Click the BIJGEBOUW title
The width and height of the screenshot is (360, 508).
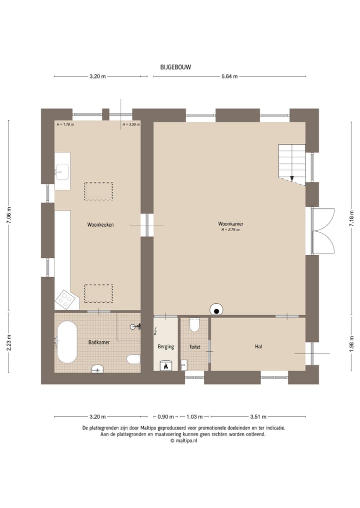coord(175,67)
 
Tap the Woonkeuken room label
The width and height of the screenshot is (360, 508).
coord(100,224)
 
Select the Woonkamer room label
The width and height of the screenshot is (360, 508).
coord(230,224)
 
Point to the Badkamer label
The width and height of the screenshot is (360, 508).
coord(99,342)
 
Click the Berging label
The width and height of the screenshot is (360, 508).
coord(165,347)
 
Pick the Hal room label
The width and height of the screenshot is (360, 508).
coord(258,347)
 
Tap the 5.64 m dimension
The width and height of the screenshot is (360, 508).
coord(229,77)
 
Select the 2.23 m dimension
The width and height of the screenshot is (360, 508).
coord(9,342)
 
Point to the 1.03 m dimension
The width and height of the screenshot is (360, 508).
coord(194,417)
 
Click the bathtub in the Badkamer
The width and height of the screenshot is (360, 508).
coord(67,342)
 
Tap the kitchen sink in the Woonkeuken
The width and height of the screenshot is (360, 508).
coord(62,171)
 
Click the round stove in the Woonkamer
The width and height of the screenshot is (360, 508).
coord(216,310)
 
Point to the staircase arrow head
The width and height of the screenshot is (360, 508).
coord(292,178)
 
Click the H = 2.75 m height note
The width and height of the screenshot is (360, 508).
coord(230,230)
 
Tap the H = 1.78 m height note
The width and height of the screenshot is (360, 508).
coord(65,124)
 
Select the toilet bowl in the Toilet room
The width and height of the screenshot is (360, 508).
coord(194,325)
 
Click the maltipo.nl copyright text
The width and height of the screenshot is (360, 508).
coord(183,441)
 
